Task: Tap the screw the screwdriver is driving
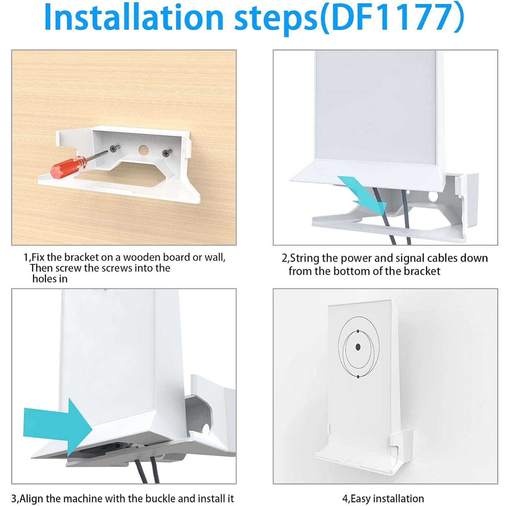click(x=113, y=149)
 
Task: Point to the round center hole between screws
click(x=143, y=150)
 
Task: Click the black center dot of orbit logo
click(x=358, y=347)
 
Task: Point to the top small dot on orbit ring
click(x=358, y=331)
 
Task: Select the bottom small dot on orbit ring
click(x=358, y=376)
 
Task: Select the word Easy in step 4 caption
click(x=361, y=499)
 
